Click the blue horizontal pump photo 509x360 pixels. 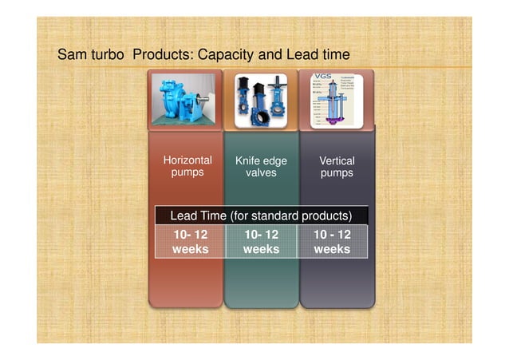(x=184, y=99)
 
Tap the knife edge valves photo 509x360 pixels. (x=260, y=101)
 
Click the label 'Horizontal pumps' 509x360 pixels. (x=187, y=166)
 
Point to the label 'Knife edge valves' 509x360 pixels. (x=261, y=167)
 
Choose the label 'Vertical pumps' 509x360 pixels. (x=337, y=167)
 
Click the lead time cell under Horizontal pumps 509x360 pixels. (x=190, y=242)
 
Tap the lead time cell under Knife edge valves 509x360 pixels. (x=261, y=242)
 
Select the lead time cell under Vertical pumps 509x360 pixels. (x=332, y=242)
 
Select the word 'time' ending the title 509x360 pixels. (x=335, y=56)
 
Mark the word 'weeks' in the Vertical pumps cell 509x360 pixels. (x=332, y=249)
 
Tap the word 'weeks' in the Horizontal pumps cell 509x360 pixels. (x=190, y=249)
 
